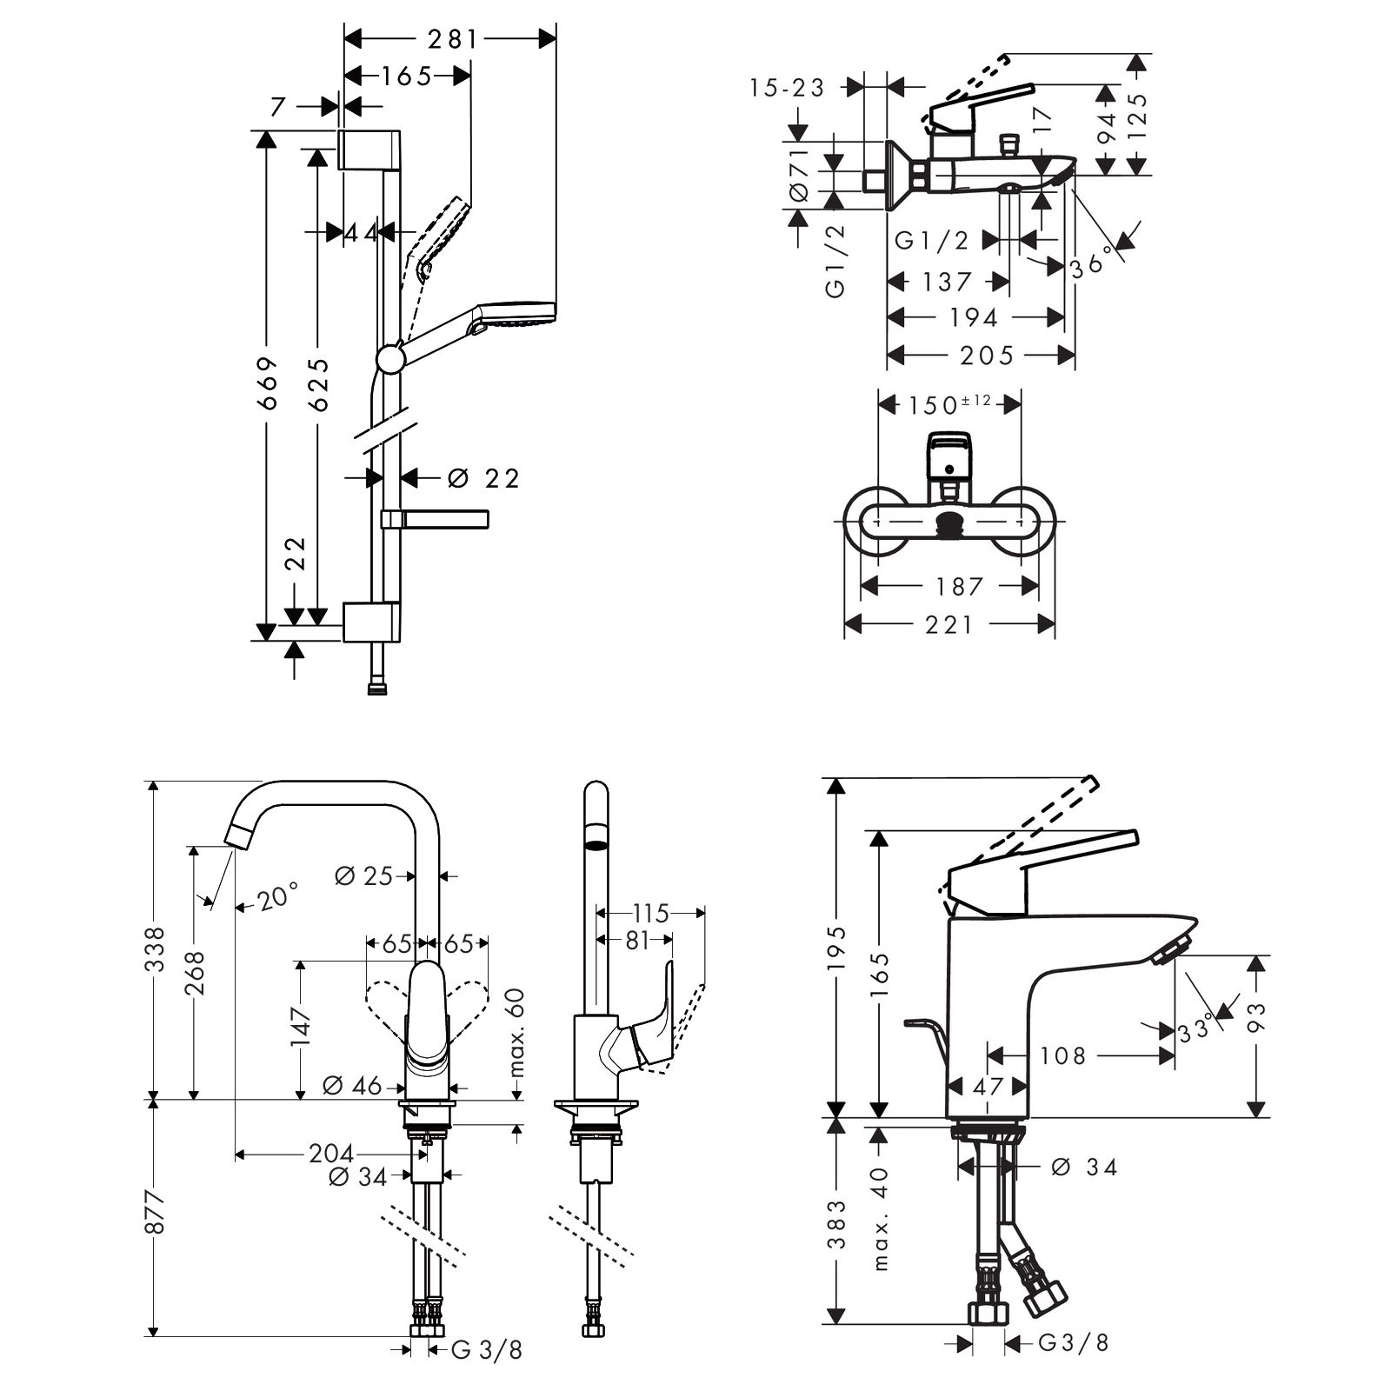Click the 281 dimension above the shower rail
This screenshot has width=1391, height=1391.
click(453, 39)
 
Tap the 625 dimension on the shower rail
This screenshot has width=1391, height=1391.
click(318, 383)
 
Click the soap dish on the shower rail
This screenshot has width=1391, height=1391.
click(435, 519)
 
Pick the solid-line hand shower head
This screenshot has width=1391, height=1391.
click(516, 314)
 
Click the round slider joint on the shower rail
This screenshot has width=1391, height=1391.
click(390, 358)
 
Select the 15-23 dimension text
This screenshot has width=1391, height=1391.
click(787, 87)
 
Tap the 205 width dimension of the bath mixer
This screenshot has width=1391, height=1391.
click(987, 355)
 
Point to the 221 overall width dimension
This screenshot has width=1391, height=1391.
click(949, 624)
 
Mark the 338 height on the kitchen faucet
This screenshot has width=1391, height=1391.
click(155, 949)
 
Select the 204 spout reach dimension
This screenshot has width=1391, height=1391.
click(331, 1155)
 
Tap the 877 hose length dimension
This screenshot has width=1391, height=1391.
click(155, 1210)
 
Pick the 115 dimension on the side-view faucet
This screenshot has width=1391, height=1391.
click(650, 913)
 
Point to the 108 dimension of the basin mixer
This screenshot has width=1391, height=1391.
click(1063, 1055)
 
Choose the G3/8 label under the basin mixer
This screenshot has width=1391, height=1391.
click(1074, 1343)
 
